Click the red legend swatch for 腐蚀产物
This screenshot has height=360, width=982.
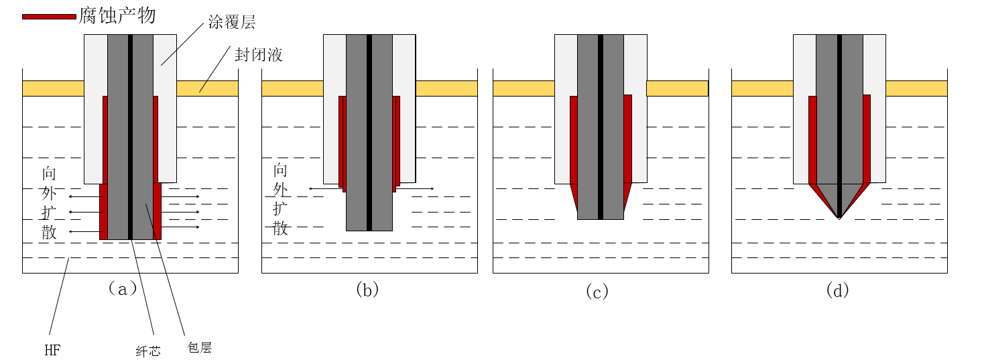(49, 16)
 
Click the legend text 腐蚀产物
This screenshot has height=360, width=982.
(117, 15)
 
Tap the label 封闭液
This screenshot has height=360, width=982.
(258, 54)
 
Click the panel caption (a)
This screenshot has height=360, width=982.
(122, 289)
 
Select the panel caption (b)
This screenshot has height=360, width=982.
(367, 290)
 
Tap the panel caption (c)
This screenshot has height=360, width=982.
(597, 291)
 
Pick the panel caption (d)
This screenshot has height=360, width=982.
(838, 291)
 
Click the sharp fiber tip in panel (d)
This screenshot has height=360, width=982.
(839, 218)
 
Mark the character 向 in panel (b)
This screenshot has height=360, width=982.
(280, 170)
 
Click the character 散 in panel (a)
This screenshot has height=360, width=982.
(49, 233)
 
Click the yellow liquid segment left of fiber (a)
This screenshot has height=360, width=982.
(53, 88)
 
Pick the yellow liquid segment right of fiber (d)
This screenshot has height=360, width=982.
(916, 88)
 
